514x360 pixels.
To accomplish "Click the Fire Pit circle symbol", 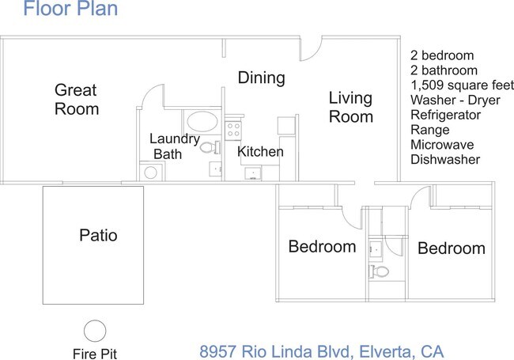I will (95, 329).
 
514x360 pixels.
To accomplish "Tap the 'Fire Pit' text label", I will (95, 352).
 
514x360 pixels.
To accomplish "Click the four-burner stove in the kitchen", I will (232, 128).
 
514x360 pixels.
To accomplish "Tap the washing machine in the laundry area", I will (149, 172).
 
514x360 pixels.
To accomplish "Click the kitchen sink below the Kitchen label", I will (252, 172).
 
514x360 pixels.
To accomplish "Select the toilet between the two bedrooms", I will (380, 271).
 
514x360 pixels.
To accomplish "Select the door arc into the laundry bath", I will (150, 99).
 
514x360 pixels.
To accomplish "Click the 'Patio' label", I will (99, 235).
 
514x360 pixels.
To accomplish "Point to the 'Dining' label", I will (261, 78).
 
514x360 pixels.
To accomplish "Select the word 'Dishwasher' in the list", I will (445, 159).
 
